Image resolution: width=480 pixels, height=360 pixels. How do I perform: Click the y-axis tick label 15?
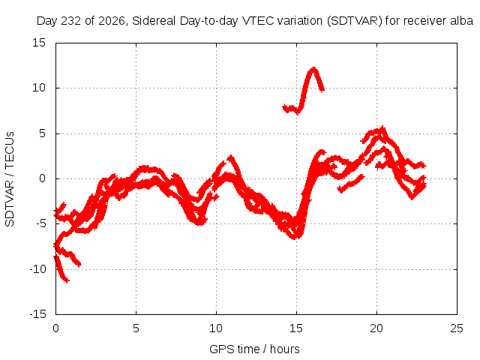point(39,43)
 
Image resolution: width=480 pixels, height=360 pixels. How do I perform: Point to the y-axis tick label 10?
point(39,88)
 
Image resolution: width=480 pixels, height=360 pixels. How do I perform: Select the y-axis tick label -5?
point(41,223)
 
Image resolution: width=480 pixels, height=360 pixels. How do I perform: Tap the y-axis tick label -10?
point(37,269)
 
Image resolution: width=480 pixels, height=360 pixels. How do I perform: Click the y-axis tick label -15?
point(37,314)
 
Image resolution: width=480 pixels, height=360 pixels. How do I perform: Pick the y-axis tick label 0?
point(42,178)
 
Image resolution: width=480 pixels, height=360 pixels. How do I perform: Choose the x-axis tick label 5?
point(136,328)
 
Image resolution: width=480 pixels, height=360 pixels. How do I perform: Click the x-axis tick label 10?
point(216,328)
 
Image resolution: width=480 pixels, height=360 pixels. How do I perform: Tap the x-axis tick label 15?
point(296,328)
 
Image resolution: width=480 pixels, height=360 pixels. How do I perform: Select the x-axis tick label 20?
point(376,328)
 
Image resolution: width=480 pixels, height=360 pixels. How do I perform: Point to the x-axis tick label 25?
point(457,328)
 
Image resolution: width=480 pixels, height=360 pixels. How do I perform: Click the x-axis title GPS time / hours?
point(254,349)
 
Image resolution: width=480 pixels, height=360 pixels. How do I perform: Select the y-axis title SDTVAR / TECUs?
point(10,179)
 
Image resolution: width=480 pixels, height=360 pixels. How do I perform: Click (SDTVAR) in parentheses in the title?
point(355,21)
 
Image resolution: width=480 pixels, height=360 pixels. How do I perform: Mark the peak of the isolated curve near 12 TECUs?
point(313,68)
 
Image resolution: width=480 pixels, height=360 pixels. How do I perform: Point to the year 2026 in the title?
point(112,21)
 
